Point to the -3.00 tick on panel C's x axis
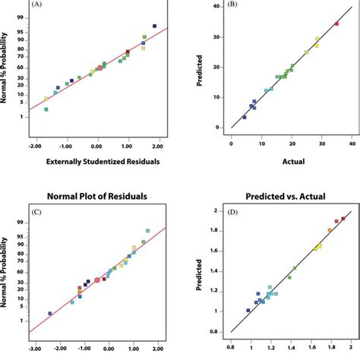click(x=35, y=349)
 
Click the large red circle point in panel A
click(x=99, y=68)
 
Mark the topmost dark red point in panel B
click(x=336, y=24)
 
